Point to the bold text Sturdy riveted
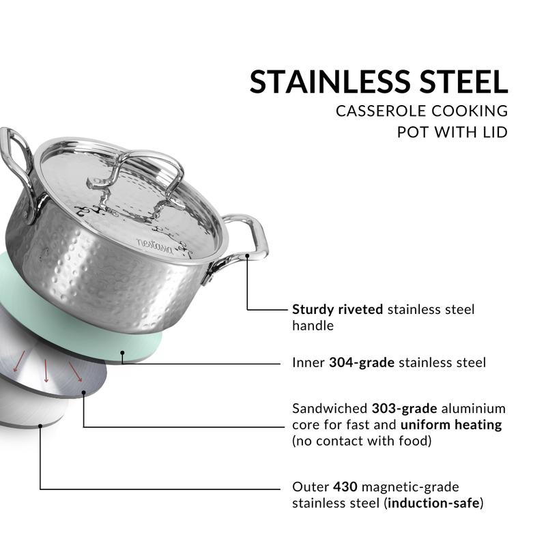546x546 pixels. pyautogui.click(x=338, y=309)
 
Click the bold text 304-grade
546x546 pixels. pyautogui.click(x=362, y=362)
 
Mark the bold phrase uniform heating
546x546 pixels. pyautogui.click(x=451, y=425)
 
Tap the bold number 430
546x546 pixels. pyautogui.click(x=345, y=487)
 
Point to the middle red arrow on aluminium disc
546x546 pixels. pyautogui.click(x=46, y=371)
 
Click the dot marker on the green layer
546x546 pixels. pyautogui.click(x=123, y=354)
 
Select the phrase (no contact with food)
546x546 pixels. pyautogui.click(x=362, y=440)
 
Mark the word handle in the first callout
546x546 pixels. pyautogui.click(x=313, y=326)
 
